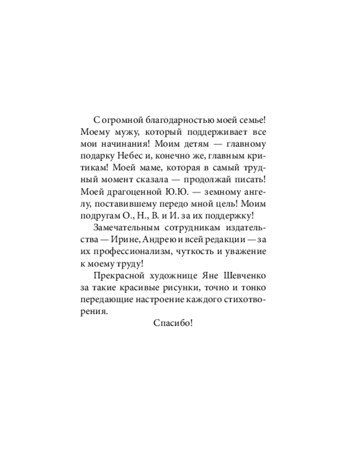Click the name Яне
(216, 275)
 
